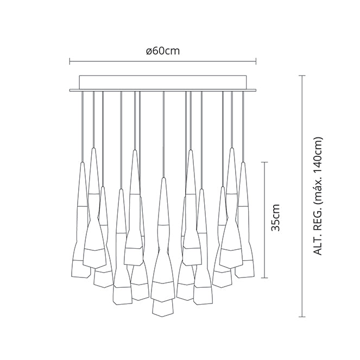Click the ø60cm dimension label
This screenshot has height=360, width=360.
[163, 51]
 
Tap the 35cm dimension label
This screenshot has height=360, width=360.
[275, 217]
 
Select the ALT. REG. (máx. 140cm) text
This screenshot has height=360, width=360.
[318, 197]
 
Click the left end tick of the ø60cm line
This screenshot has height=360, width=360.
[70, 61]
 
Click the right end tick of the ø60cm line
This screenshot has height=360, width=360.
[256, 61]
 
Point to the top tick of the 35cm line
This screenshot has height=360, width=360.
[265, 162]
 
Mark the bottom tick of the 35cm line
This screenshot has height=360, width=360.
[265, 278]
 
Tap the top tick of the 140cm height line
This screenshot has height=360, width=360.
[302, 75]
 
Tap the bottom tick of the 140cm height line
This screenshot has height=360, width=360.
[302, 317]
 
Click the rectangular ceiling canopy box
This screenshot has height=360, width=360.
[163, 83]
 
